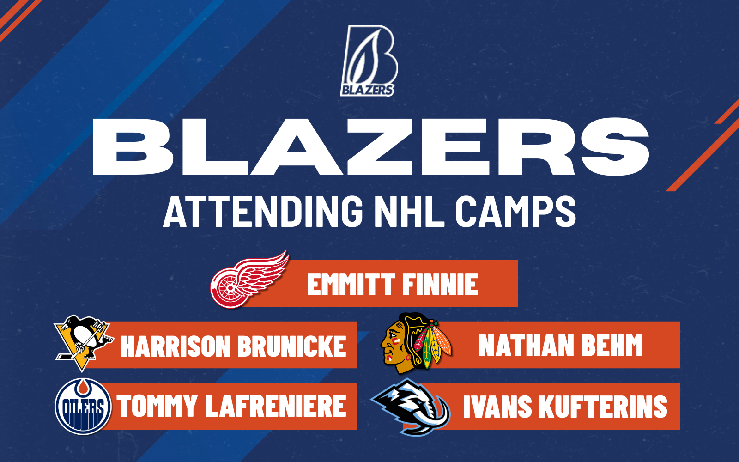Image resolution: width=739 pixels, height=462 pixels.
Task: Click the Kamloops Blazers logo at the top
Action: click(369, 61)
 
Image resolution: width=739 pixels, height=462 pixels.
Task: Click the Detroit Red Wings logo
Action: click(248, 280)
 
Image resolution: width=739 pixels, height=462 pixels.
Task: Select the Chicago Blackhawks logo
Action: click(415, 343)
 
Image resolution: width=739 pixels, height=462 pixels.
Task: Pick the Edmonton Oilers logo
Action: click(83, 407)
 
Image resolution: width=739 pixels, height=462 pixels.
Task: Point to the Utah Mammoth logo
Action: click(411, 407)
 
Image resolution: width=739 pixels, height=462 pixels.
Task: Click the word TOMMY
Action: click(157, 406)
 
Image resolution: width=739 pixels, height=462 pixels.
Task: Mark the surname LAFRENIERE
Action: click(276, 406)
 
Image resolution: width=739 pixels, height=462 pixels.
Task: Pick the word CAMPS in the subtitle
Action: click(515, 211)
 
